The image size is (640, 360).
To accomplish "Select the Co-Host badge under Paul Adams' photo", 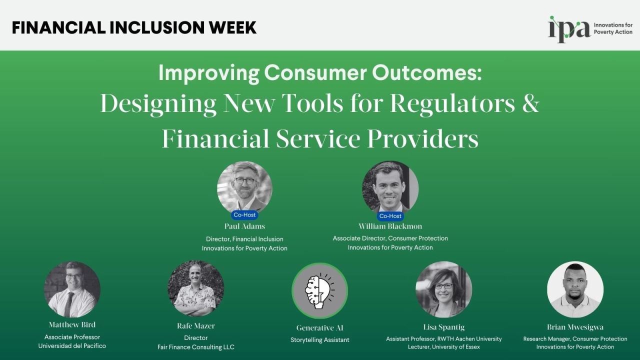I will click(x=244, y=215).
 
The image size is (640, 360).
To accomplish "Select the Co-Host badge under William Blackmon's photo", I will click(x=390, y=216).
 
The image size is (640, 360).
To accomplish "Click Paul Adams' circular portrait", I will click(x=244, y=186).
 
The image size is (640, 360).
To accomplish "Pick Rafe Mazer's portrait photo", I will click(x=195, y=288).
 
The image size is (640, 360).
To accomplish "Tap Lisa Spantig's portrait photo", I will click(x=443, y=289).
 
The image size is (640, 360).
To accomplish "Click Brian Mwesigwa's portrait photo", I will click(x=575, y=289).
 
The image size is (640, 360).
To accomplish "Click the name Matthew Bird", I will click(x=72, y=325).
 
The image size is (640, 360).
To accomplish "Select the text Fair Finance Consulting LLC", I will click(x=195, y=347).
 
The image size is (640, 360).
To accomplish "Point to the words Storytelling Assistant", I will click(x=320, y=340).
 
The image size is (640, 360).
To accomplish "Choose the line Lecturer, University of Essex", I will click(x=443, y=347).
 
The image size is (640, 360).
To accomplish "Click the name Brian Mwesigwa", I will click(x=575, y=327).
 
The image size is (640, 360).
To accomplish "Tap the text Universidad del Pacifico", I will click(x=72, y=346).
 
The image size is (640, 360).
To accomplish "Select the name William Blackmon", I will click(x=390, y=226).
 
